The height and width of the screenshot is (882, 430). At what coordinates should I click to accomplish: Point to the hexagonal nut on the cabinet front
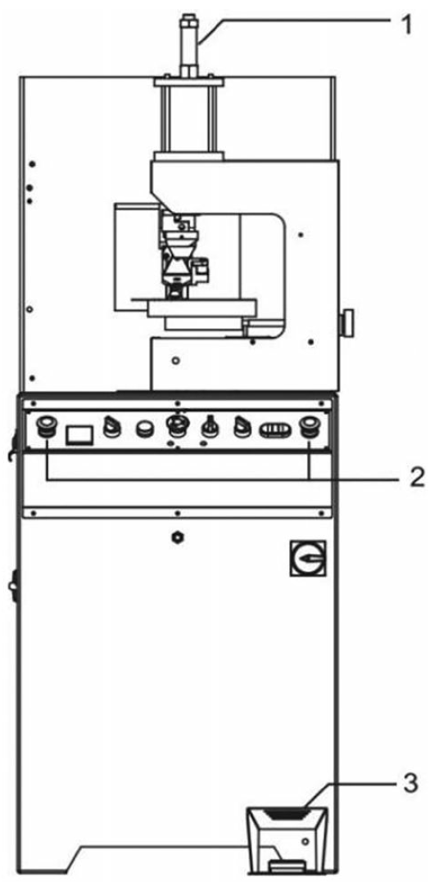pyautogui.click(x=178, y=538)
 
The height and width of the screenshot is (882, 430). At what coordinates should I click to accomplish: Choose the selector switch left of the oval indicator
pyautogui.click(x=243, y=429)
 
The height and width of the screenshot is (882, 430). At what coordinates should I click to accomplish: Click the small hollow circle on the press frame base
pyautogui.click(x=175, y=359)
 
